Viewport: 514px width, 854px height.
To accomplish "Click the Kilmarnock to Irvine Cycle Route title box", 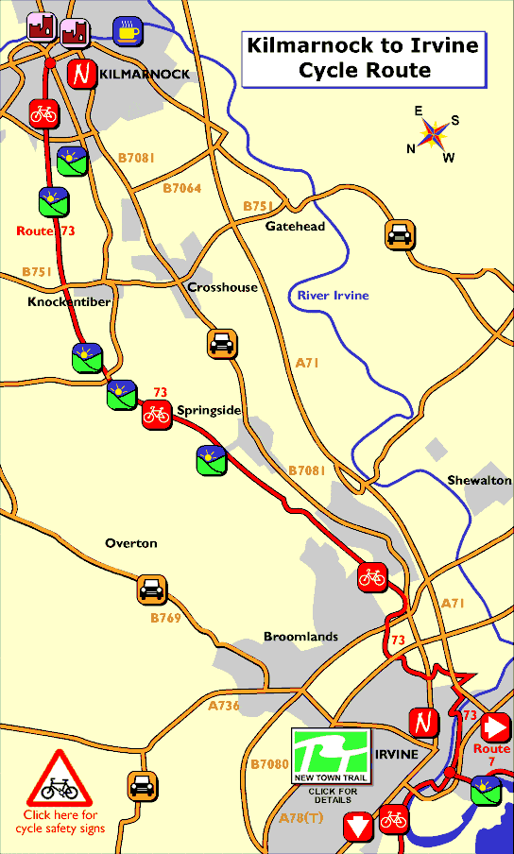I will pos(363,58).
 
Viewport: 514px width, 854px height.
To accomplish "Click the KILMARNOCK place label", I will pos(144,74).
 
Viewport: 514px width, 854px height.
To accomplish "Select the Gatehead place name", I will pos(295,227).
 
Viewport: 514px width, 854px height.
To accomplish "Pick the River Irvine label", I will pos(333,296).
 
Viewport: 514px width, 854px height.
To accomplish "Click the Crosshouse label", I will pos(222,287).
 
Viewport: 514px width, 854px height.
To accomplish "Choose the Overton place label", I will pos(130,543).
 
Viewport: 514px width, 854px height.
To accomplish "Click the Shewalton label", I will pos(480,481).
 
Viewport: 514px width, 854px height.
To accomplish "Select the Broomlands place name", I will pos(300,637).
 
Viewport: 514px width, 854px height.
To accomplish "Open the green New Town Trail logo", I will pos(331,755).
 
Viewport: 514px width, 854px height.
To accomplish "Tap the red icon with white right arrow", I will pos(496,727).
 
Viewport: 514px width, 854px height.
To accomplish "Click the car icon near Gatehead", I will pos(400,234).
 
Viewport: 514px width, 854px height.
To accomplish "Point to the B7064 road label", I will pos(181,188).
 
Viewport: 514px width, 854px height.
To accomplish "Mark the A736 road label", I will pos(224,706).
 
